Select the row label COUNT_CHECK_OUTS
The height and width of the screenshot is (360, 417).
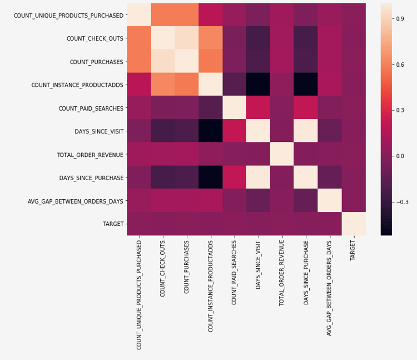click(x=95, y=38)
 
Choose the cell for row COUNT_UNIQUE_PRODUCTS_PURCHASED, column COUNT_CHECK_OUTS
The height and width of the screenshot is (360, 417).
click(x=163, y=15)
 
